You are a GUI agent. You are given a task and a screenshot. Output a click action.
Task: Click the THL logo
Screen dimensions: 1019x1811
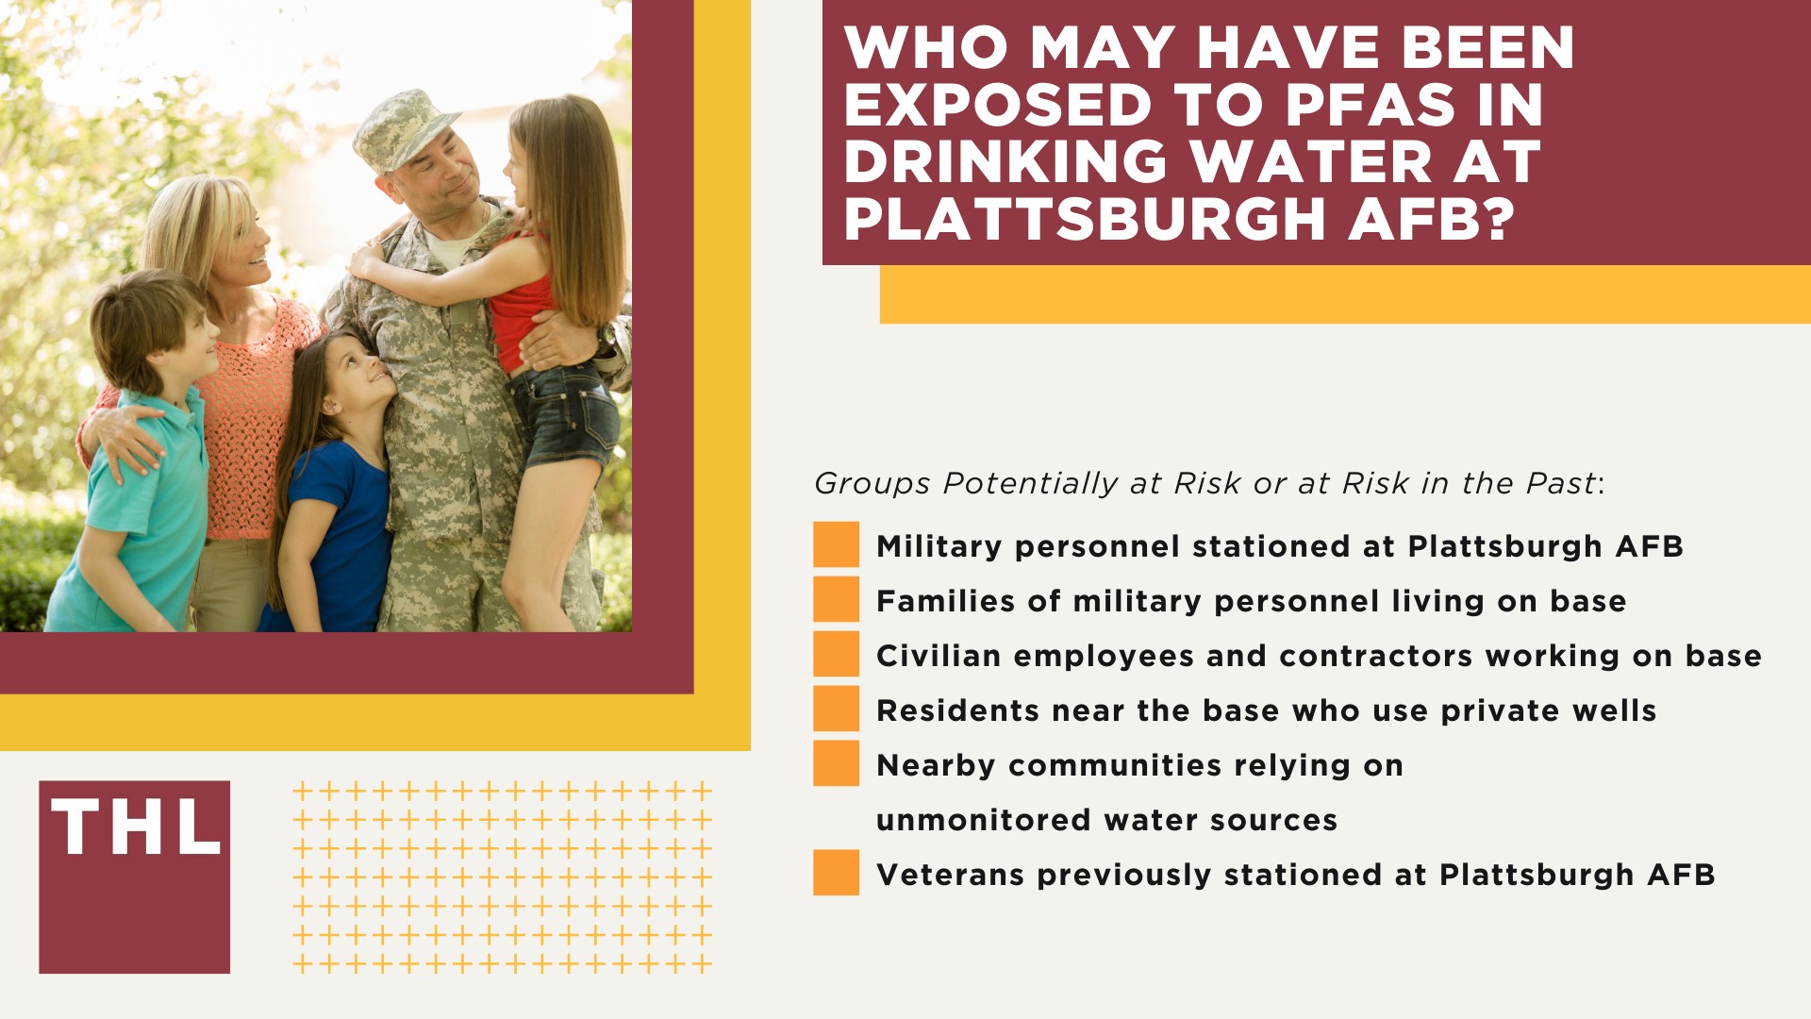click(x=135, y=877)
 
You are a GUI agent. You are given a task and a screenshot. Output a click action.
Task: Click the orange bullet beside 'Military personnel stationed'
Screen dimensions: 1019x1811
click(x=836, y=545)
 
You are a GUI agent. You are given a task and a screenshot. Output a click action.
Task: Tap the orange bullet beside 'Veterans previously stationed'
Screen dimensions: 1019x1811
click(x=836, y=874)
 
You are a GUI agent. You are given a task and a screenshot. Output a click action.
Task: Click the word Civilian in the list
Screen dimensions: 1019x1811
click(x=938, y=656)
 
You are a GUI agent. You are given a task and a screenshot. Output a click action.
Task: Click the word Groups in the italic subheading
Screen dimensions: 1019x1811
click(x=872, y=483)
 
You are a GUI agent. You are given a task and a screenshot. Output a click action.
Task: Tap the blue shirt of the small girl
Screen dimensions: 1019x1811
click(x=340, y=528)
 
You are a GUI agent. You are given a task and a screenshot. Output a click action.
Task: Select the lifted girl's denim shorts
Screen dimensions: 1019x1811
click(x=561, y=415)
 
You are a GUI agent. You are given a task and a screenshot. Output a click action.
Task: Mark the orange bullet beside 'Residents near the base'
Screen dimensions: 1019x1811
click(x=836, y=710)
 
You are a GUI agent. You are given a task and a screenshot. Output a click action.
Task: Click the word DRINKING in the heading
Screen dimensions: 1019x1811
click(x=1005, y=161)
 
